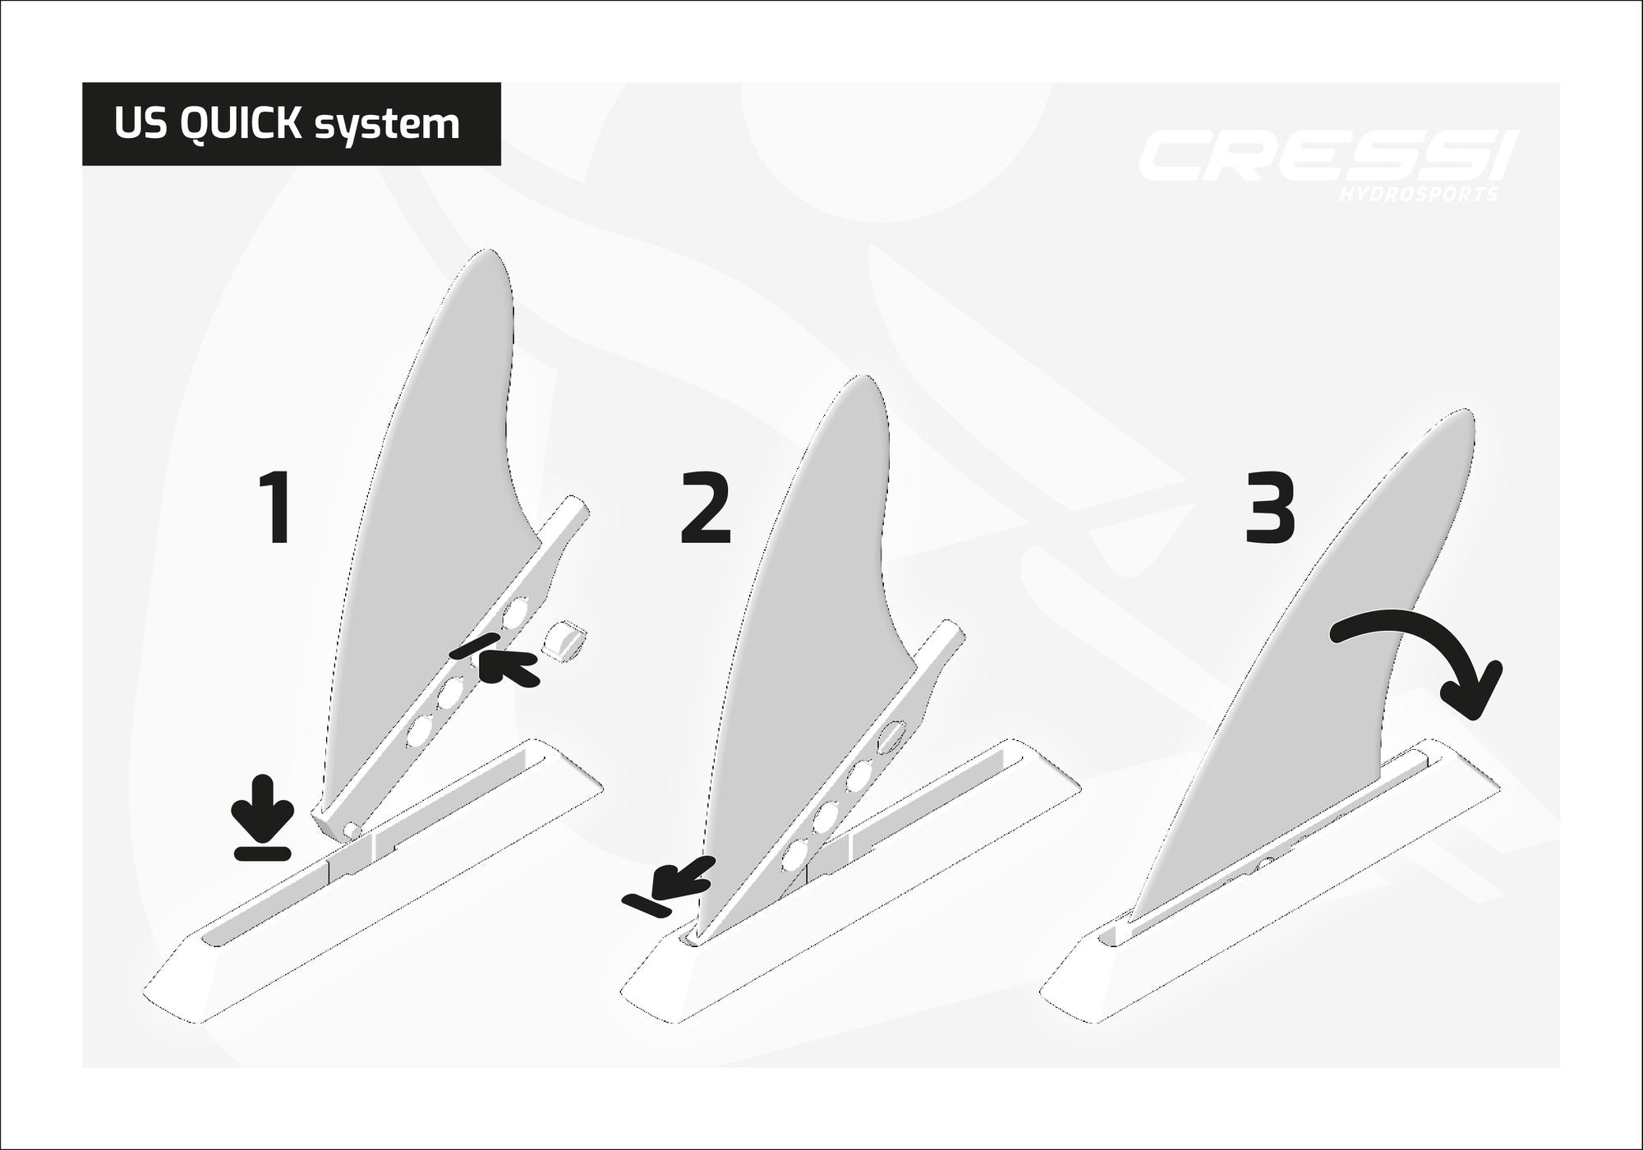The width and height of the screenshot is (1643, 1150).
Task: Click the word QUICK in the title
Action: point(238,124)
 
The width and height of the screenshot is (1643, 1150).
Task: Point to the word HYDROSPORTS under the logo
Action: point(1417,195)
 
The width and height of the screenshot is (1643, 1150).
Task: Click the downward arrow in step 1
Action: point(262,818)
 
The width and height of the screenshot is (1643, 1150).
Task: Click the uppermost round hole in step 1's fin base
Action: point(517,611)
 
